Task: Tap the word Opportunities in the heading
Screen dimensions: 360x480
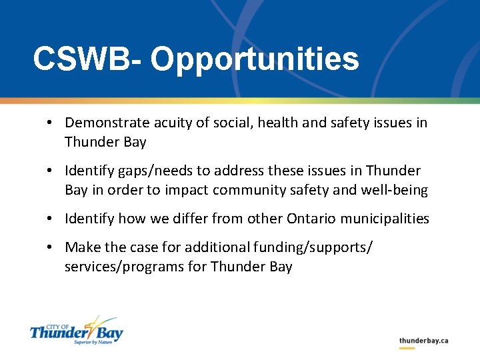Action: [255, 59]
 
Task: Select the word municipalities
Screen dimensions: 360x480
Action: [386, 219]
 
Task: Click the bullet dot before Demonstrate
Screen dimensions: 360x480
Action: [50, 123]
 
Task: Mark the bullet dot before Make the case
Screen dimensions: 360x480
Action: [50, 248]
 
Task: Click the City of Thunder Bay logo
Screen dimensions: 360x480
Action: [76, 330]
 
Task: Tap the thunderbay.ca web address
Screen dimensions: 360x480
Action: [423, 341]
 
